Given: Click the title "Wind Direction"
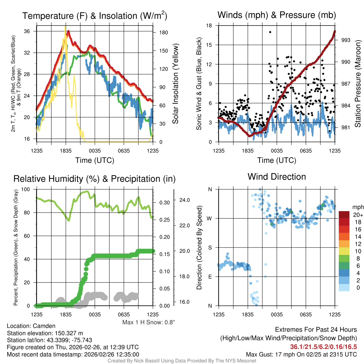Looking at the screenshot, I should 277,177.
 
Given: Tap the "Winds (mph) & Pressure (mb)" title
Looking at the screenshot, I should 277,15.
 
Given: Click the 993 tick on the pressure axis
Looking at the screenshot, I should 346,40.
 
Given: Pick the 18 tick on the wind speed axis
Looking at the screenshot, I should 209,26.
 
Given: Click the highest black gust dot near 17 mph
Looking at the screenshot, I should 270,32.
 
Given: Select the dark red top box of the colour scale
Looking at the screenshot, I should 344,215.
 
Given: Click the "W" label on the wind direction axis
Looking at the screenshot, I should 210,218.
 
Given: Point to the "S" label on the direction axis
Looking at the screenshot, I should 210,247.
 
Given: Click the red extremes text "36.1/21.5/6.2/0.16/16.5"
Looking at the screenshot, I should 323,347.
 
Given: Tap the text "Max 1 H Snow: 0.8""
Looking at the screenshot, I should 149,322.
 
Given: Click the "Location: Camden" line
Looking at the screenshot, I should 31,326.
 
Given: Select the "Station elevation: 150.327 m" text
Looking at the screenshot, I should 45,333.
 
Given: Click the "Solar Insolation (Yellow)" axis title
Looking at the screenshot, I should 176,84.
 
